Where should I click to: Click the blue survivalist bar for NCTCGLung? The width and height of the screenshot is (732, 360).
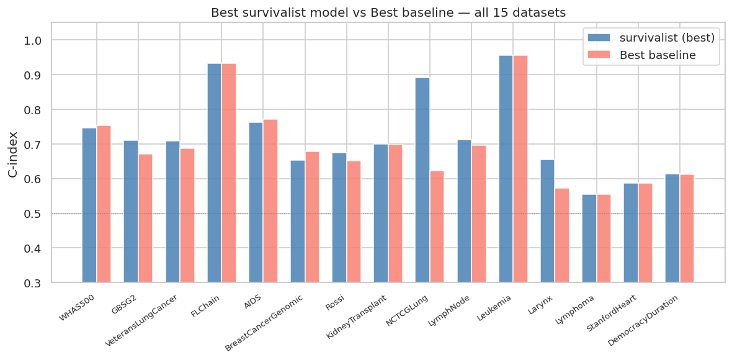pyautogui.click(x=422, y=180)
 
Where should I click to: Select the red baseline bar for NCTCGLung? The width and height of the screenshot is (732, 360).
pyautogui.click(x=437, y=227)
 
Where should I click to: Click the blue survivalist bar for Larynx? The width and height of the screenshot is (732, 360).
pyautogui.click(x=547, y=221)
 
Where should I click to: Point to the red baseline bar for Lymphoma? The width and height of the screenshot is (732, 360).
pyautogui.click(x=604, y=238)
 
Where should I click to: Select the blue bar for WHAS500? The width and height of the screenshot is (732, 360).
pyautogui.click(x=89, y=205)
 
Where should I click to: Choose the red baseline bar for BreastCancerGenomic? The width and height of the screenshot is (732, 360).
pyautogui.click(x=312, y=217)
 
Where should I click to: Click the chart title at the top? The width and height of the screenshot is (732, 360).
pyautogui.click(x=388, y=12)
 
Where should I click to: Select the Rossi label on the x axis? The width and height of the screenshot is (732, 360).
pyautogui.click(x=336, y=303)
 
